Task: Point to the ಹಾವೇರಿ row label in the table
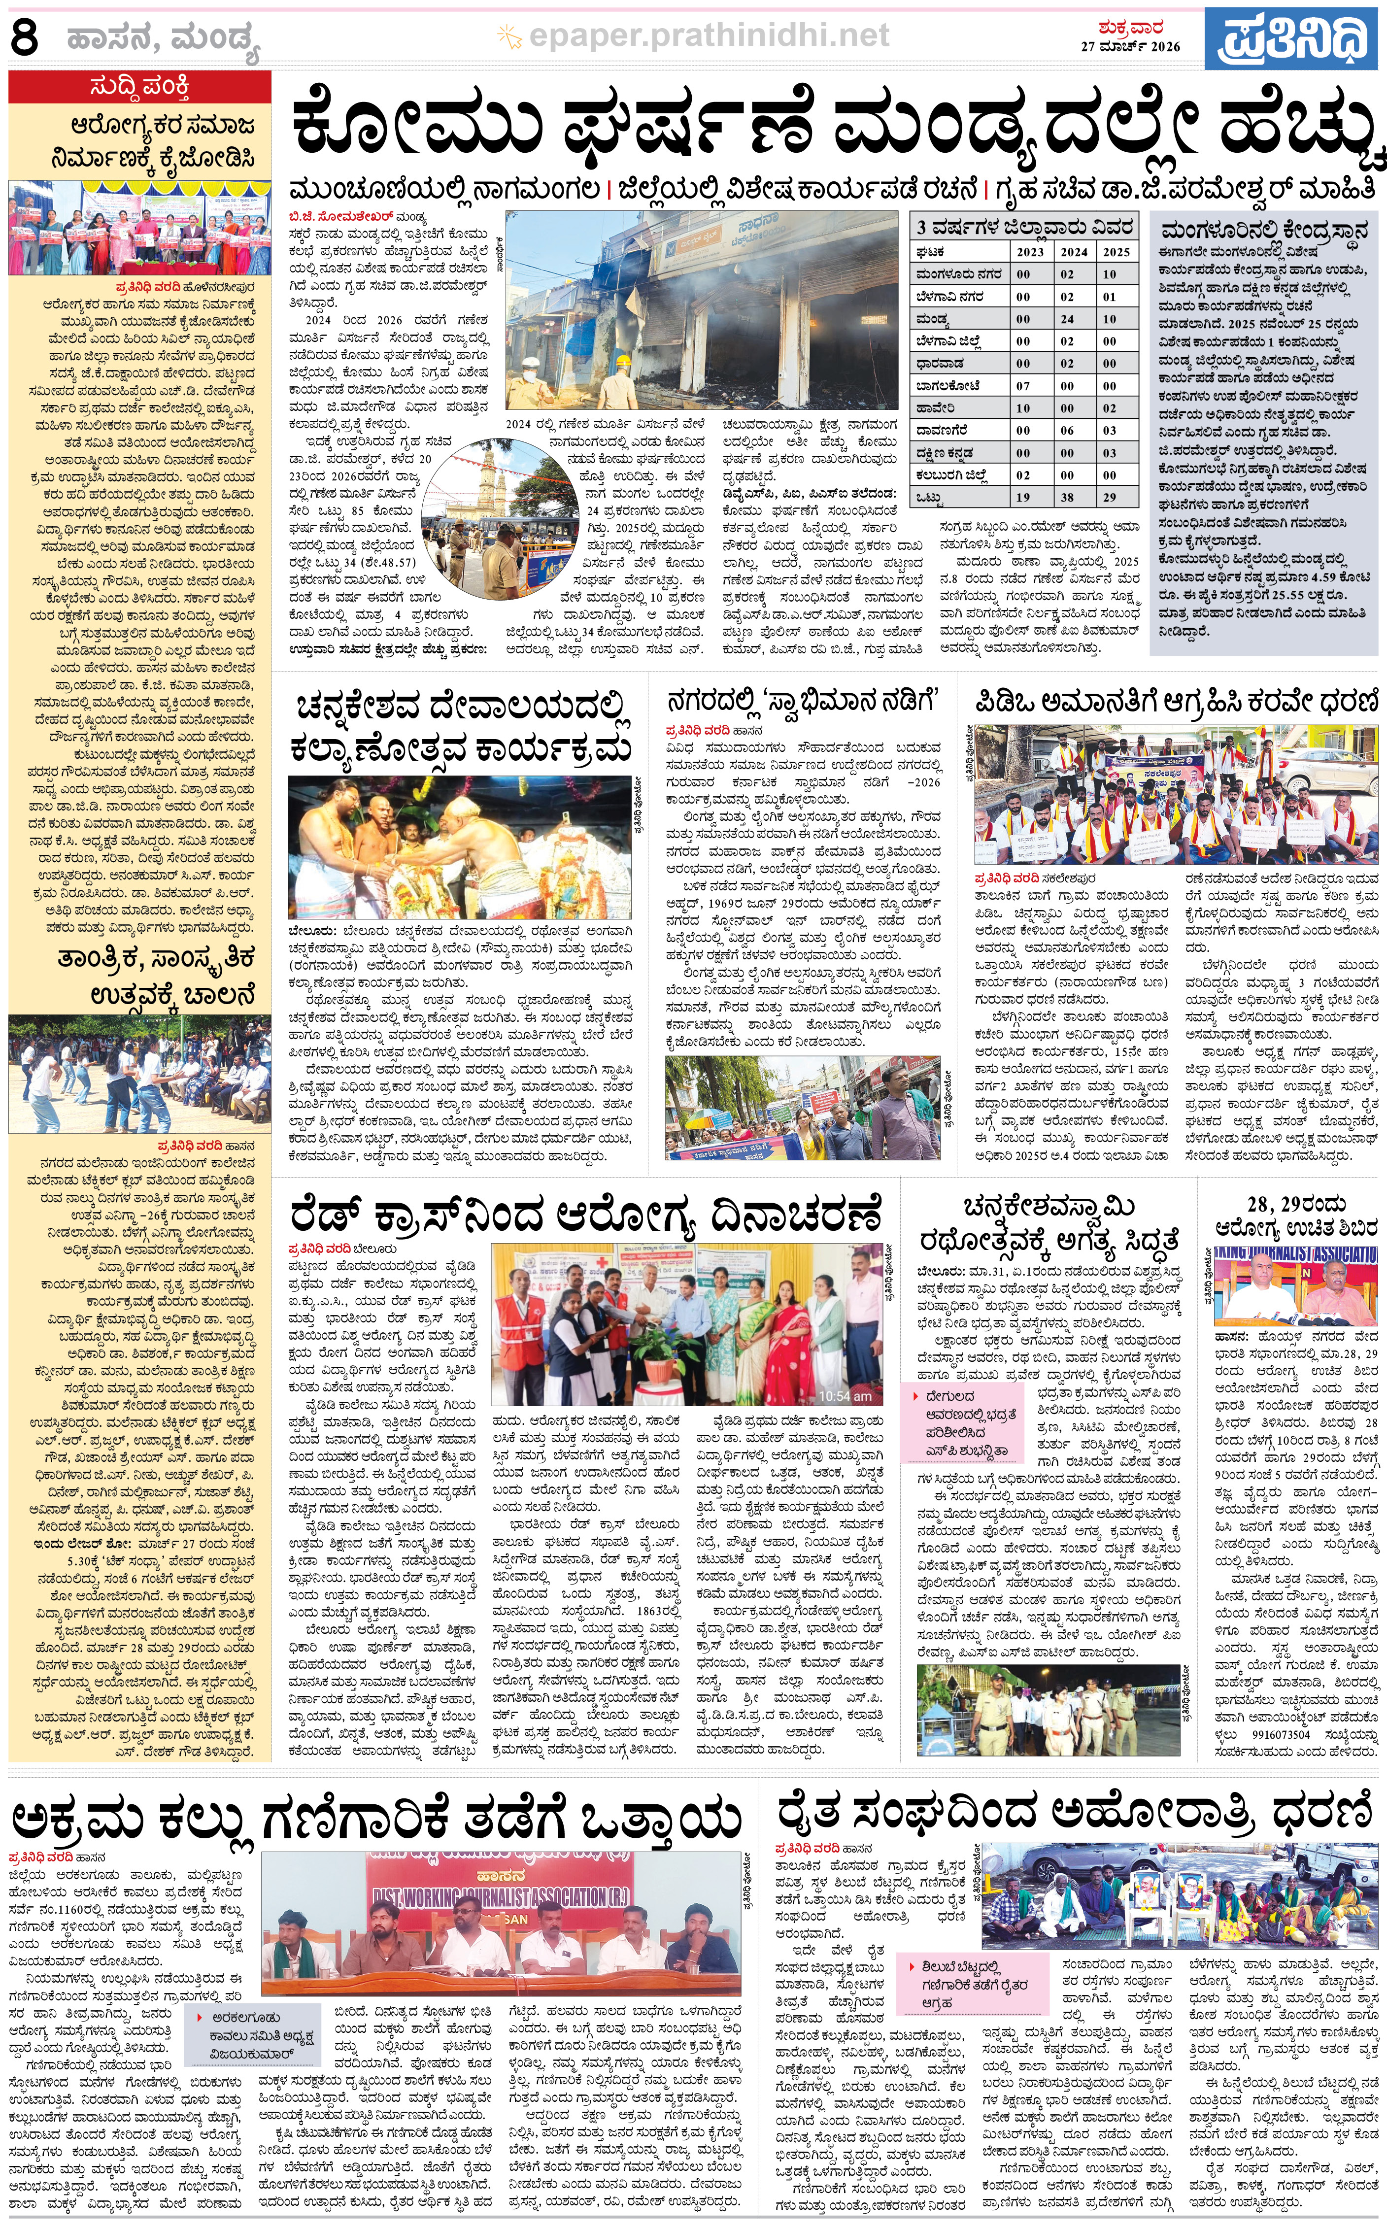[936, 408]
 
